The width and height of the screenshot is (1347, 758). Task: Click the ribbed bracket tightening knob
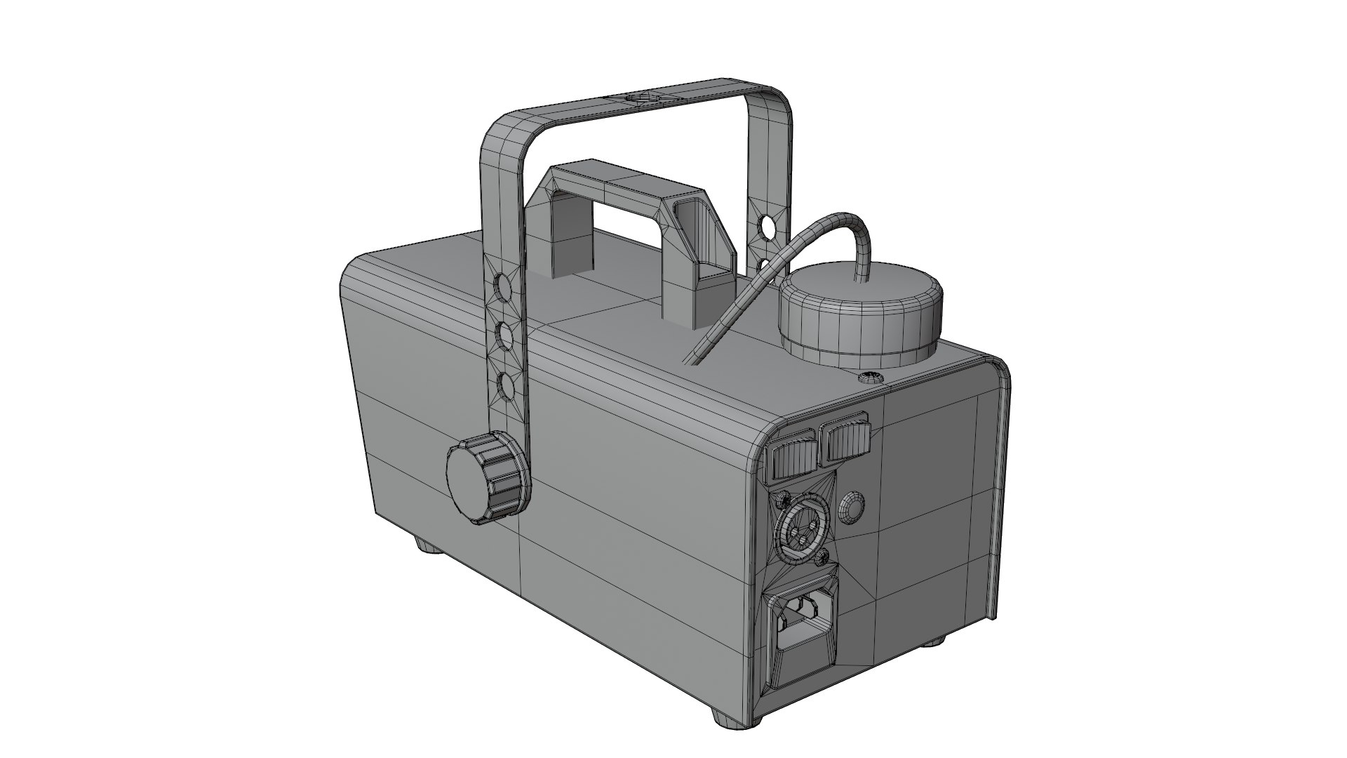(484, 480)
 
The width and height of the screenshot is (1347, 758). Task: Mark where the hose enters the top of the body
(691, 359)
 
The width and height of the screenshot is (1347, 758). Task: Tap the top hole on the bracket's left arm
(502, 285)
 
